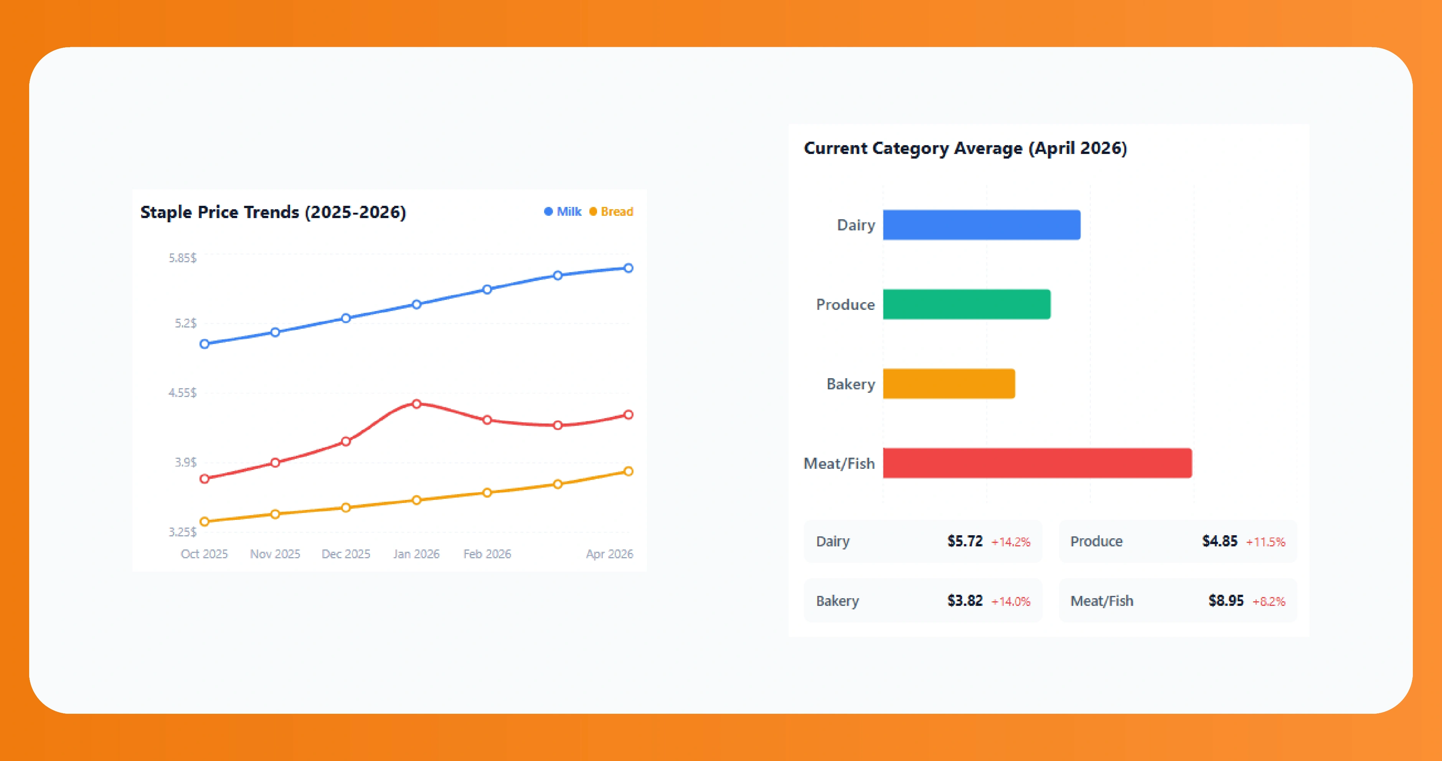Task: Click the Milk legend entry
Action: (563, 212)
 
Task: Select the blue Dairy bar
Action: (981, 225)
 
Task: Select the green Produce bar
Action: (966, 304)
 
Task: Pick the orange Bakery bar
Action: (949, 384)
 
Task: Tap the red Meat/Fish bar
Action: (1037, 463)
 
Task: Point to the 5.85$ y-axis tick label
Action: (183, 258)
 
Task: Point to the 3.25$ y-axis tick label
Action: (183, 531)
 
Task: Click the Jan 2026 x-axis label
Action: (416, 554)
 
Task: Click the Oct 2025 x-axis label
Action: (204, 554)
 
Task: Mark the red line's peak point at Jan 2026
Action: (416, 404)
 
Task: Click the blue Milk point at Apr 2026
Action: (628, 268)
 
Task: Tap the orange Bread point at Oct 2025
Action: (204, 521)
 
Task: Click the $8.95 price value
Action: (1225, 601)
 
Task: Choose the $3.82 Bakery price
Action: (965, 601)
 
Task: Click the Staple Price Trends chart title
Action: (272, 212)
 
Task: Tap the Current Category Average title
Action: (965, 148)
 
